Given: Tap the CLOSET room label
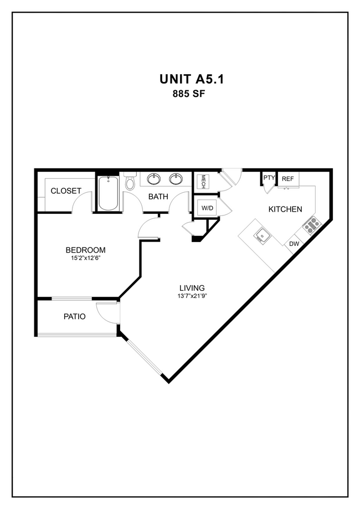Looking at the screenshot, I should coord(66,191).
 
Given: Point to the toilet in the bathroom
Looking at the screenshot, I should coord(130,182).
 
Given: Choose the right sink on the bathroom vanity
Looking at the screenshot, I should coord(177,179).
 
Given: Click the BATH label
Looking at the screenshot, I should coord(158,196).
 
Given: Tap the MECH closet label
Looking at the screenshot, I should coord(203,182).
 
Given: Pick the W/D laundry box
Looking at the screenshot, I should coord(207,208).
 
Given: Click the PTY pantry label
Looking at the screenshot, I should coord(269,178).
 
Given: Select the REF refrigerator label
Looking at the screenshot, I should coord(287,178).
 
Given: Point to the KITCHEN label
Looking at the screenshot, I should coord(285,209).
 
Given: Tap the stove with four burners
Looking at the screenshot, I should coord(312,224).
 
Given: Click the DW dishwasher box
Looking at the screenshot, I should coord(294,243).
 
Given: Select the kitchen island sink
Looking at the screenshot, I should coord(262,237).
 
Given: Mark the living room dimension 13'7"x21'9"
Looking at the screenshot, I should coord(192,296).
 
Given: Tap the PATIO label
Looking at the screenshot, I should coord(74,317).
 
